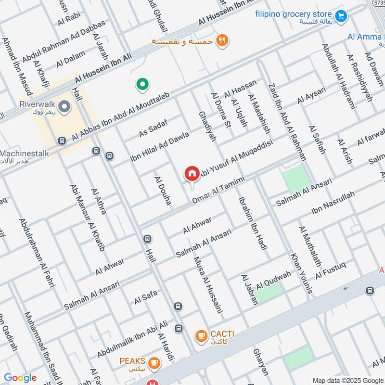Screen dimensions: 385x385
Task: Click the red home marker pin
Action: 192,174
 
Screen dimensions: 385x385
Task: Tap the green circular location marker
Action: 142,85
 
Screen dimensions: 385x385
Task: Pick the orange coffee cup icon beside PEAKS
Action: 154,362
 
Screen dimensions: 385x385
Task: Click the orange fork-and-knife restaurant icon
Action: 222,40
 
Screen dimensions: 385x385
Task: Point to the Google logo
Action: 20,378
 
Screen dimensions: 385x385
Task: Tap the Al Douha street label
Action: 163,191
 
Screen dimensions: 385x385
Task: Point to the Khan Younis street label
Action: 302,272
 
